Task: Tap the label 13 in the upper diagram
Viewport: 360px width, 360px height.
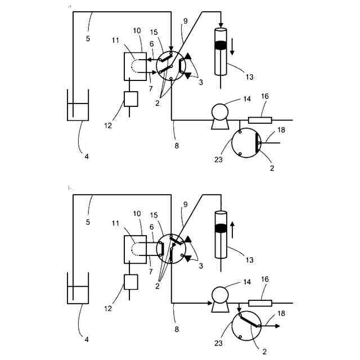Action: [x=249, y=76]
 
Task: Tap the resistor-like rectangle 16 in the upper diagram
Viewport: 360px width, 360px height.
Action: [x=260, y=120]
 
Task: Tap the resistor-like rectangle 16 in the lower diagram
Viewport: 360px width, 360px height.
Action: [x=260, y=303]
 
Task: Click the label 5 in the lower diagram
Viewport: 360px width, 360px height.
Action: [x=87, y=222]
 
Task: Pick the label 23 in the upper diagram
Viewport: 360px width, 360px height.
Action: [x=218, y=160]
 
